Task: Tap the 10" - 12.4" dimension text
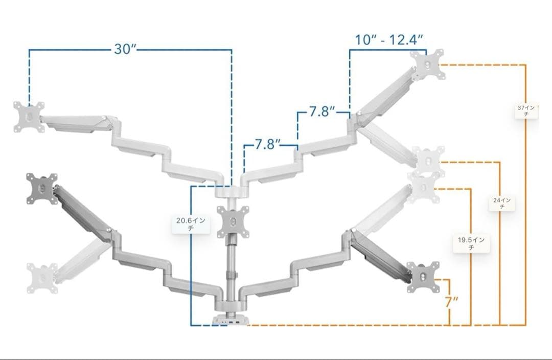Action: [388, 39]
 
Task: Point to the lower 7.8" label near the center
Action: [268, 144]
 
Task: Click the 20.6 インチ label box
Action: [191, 224]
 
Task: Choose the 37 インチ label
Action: [526, 110]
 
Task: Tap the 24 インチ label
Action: [502, 203]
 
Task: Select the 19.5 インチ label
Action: [471, 243]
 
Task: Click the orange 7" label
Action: [451, 302]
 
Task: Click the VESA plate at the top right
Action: [427, 64]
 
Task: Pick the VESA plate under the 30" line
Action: [29, 117]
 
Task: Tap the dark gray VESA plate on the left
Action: [42, 189]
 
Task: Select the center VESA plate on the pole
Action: [233, 221]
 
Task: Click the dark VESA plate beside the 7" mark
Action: [423, 277]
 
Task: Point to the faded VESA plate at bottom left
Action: [42, 278]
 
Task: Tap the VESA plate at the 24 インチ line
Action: [428, 161]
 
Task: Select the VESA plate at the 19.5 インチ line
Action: [424, 187]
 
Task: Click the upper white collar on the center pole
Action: [232, 192]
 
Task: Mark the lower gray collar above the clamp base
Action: [232, 306]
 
